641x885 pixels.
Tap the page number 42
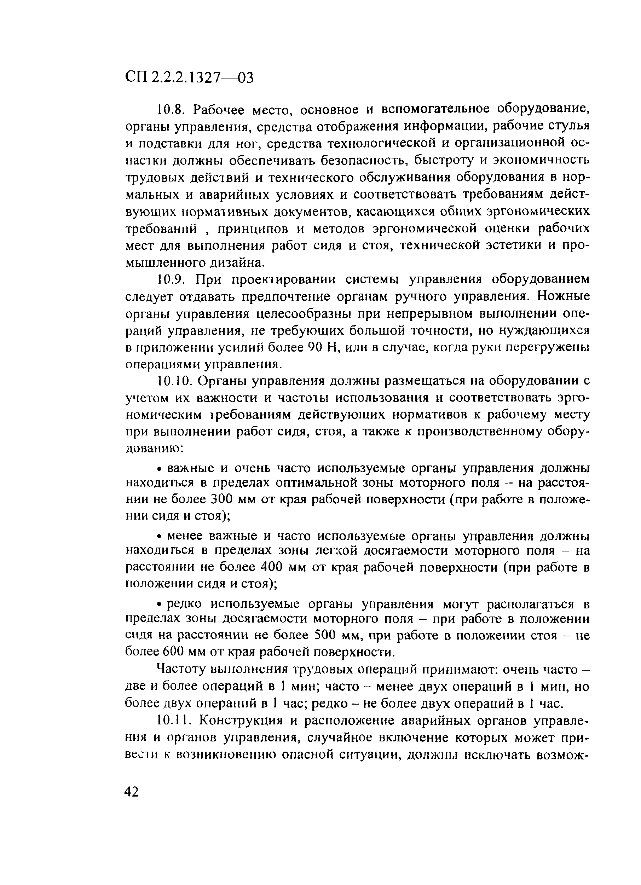pos(132,791)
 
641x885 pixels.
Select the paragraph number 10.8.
pos(171,110)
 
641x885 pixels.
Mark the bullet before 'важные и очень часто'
pos(160,468)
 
